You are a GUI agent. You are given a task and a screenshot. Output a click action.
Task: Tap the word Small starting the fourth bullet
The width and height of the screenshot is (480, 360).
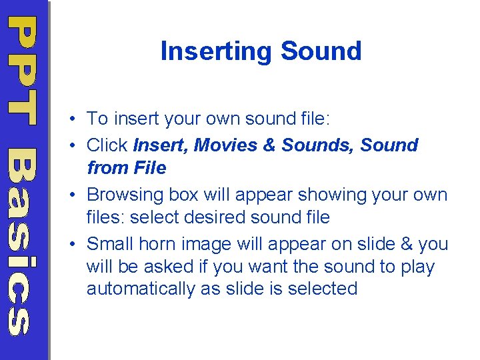tap(109, 244)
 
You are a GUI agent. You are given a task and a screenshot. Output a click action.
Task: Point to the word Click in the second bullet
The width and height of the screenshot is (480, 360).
tap(108, 145)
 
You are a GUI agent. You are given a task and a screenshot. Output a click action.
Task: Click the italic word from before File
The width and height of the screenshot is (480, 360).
tap(105, 168)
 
